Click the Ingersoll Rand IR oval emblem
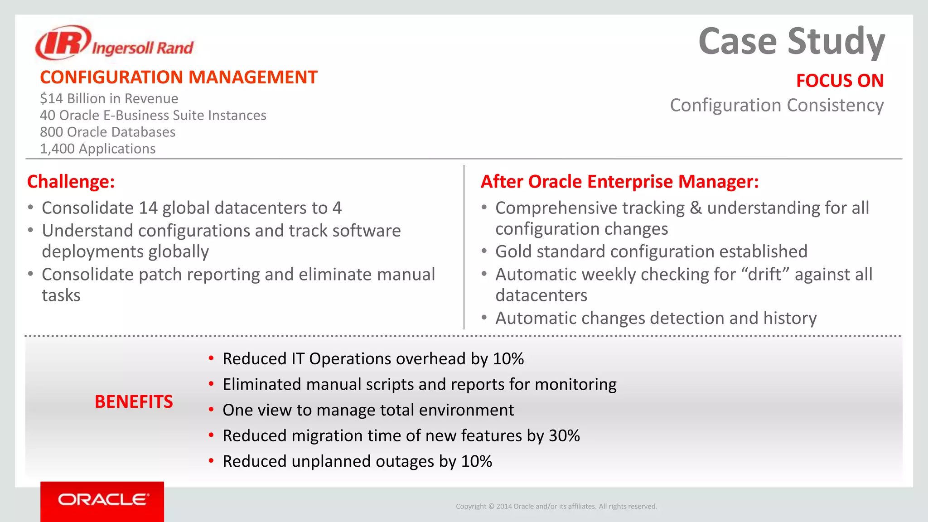63,43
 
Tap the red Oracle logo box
102,500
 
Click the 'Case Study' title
791,42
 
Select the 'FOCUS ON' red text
840,81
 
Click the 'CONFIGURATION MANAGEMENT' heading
179,77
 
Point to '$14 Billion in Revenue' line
109,99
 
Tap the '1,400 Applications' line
97,149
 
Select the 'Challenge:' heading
71,182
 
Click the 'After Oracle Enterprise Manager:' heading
619,182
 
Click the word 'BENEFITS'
134,402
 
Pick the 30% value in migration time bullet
564,436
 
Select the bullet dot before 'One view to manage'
211,410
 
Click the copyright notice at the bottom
556,507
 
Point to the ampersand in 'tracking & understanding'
696,208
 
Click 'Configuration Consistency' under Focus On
777,106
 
